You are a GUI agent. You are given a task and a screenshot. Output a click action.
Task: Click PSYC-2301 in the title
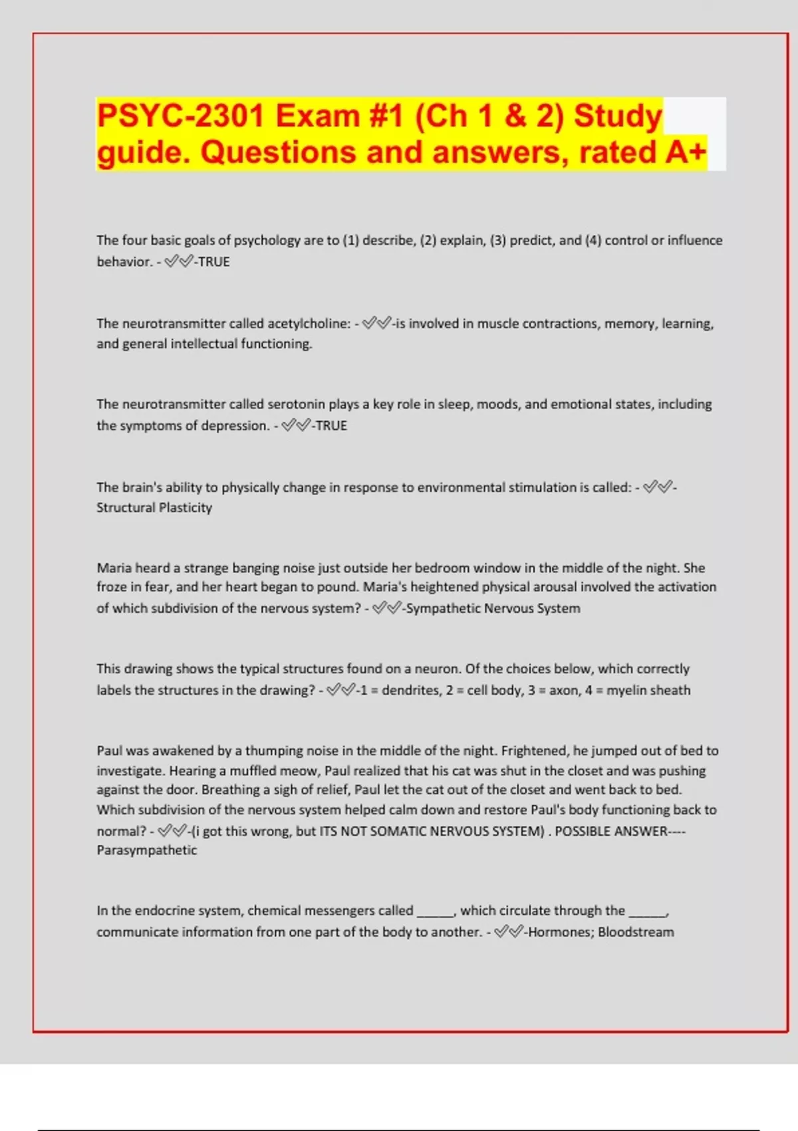181,116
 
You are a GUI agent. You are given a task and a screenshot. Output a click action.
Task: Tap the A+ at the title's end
685,152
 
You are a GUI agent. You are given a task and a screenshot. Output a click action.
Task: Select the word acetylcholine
309,324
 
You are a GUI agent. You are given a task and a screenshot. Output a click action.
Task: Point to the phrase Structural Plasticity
154,508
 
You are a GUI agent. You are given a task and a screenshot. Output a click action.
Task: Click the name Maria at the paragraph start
114,568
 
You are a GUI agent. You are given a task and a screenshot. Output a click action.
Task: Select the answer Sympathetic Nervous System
493,608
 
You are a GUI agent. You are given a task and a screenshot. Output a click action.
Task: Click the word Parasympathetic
147,850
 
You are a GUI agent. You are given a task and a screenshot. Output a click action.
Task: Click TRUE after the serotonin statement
331,426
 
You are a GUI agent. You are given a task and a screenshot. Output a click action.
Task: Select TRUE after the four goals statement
213,262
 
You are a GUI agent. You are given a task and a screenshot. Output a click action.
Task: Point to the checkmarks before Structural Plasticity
658,488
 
